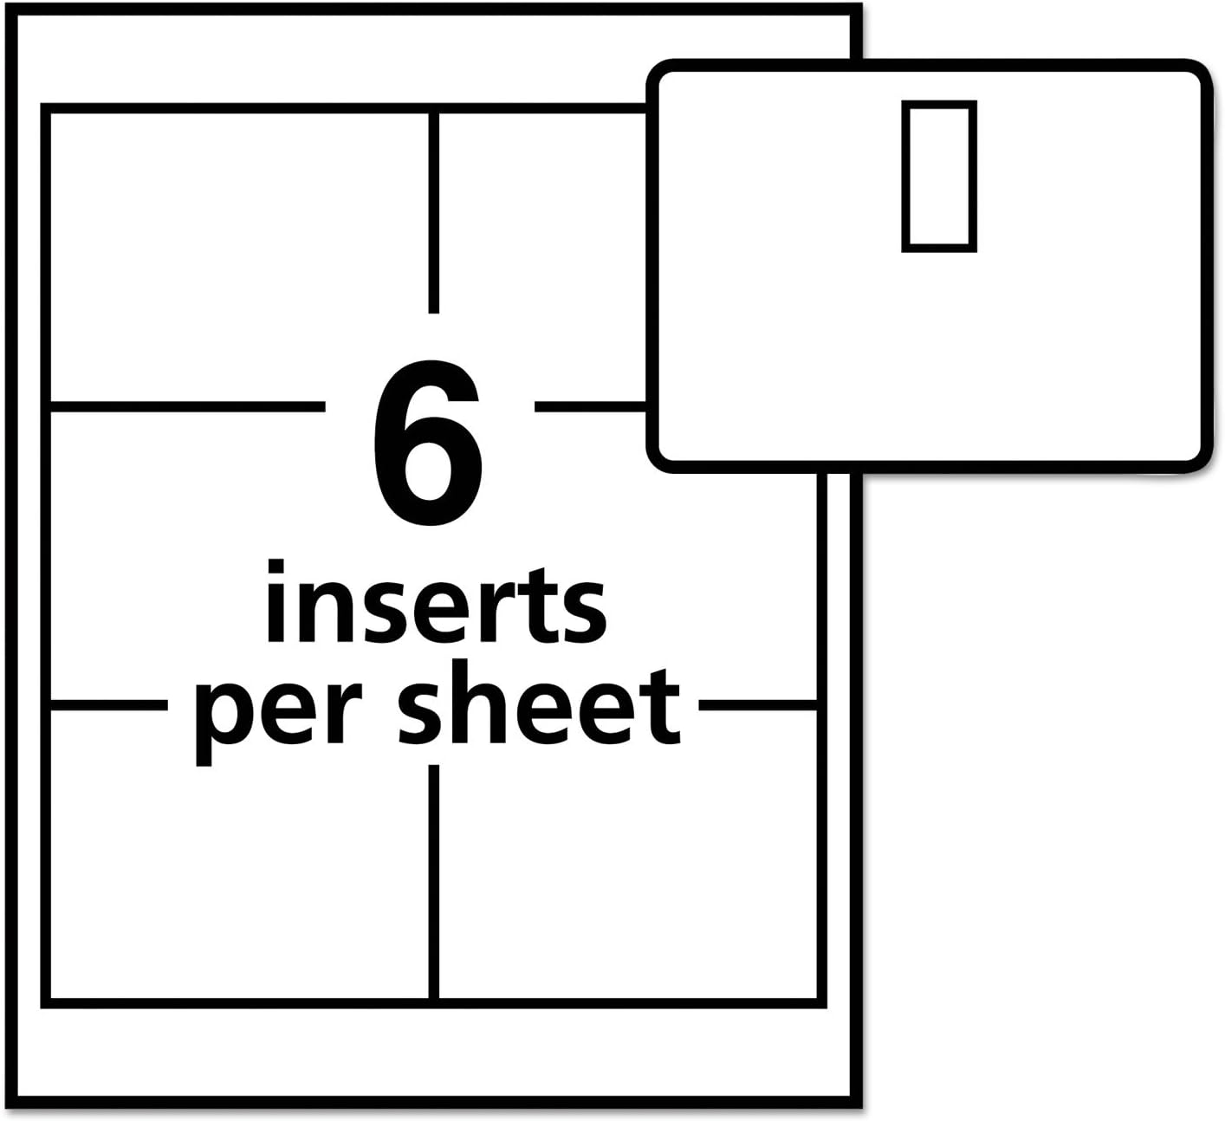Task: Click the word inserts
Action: pyautogui.click(x=437, y=602)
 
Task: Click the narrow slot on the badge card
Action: pyautogui.click(x=939, y=176)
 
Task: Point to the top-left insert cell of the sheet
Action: pyautogui.click(x=239, y=256)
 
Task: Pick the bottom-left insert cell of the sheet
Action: pyautogui.click(x=239, y=855)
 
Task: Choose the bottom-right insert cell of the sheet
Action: pyautogui.click(x=628, y=855)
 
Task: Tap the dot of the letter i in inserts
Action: pyautogui.click(x=276, y=567)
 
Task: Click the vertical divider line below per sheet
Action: pyautogui.click(x=433, y=882)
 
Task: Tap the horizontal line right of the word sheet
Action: pyautogui.click(x=758, y=705)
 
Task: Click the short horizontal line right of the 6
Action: pyautogui.click(x=590, y=407)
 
